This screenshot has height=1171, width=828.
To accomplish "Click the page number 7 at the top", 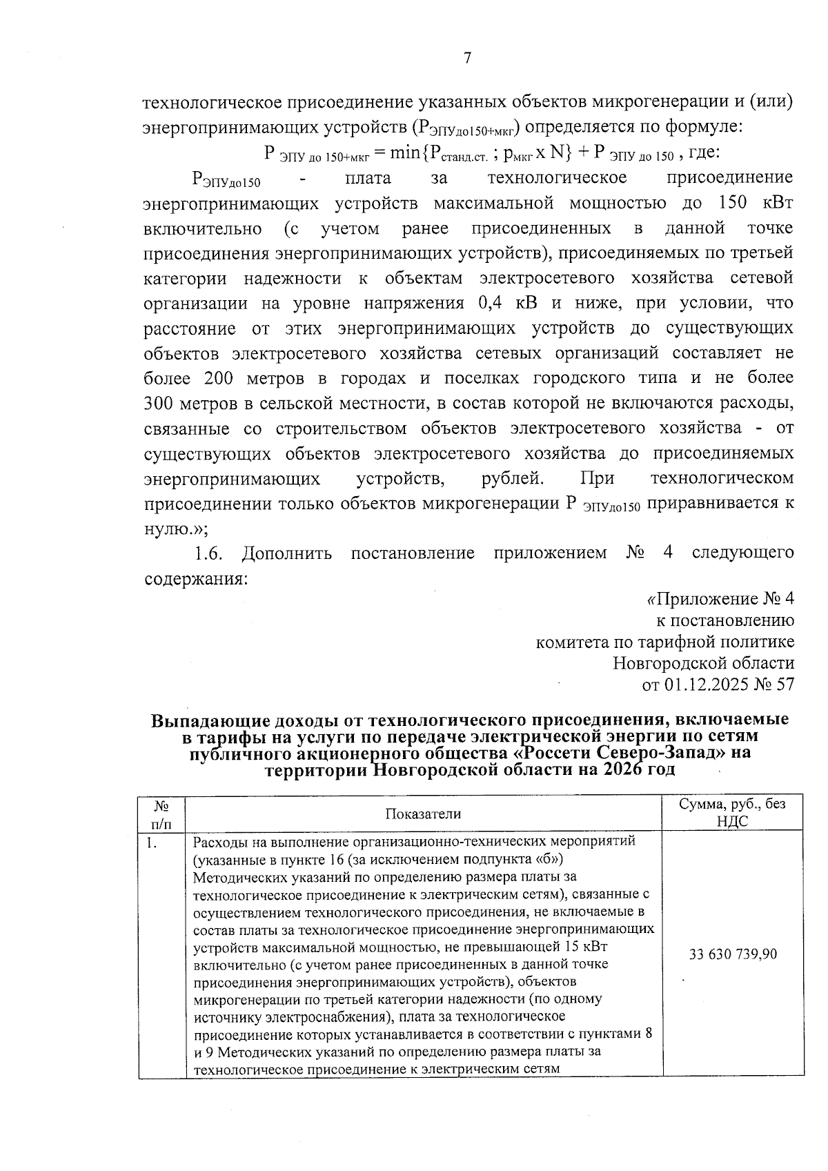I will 467,58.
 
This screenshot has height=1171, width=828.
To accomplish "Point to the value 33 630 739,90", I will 733,954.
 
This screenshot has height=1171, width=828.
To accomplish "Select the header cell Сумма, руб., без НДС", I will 732,812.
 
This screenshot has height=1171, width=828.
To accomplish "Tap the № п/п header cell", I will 161,814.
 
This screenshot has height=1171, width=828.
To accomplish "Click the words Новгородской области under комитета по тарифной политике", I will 703,663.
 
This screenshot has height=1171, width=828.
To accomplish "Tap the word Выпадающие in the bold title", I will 210,720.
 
